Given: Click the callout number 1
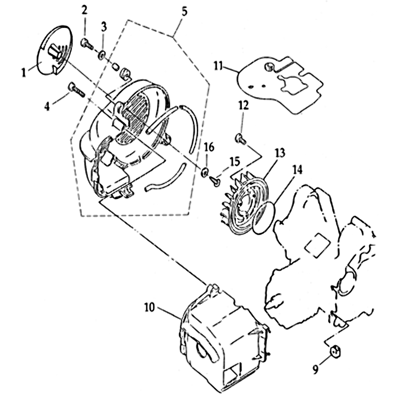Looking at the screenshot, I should (x=23, y=73).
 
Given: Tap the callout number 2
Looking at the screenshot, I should (x=84, y=9).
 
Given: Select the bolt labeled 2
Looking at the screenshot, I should (x=87, y=44).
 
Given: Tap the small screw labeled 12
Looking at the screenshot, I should (x=241, y=138).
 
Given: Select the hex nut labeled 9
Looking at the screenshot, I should (x=335, y=351).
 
